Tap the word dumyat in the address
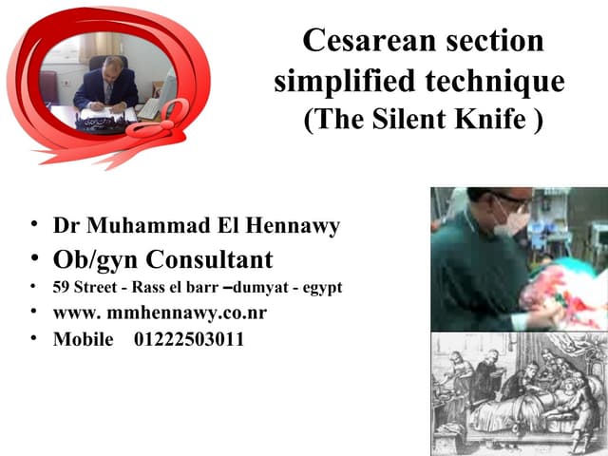(x=255, y=287)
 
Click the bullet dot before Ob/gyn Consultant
(x=33, y=258)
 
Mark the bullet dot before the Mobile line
(x=33, y=338)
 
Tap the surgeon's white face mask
(x=512, y=219)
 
